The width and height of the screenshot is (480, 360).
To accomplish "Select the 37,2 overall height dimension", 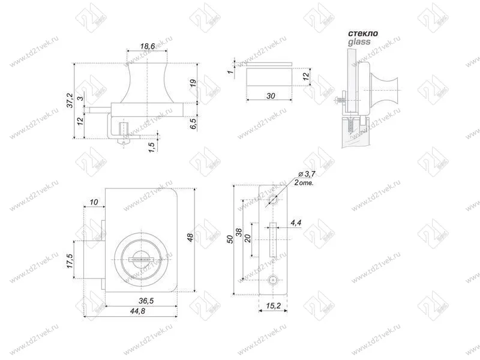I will pyautogui.click(x=70, y=100).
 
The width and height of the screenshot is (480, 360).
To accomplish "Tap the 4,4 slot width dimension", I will pyautogui.click(x=296, y=223).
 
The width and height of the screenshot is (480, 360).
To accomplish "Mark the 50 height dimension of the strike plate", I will pyautogui.click(x=230, y=239).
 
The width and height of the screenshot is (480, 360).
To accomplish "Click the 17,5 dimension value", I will pyautogui.click(x=70, y=262).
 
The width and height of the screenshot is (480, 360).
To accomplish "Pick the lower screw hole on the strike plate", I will pyautogui.click(x=274, y=280).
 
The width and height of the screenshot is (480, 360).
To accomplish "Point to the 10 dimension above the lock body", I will pyautogui.click(x=94, y=202).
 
